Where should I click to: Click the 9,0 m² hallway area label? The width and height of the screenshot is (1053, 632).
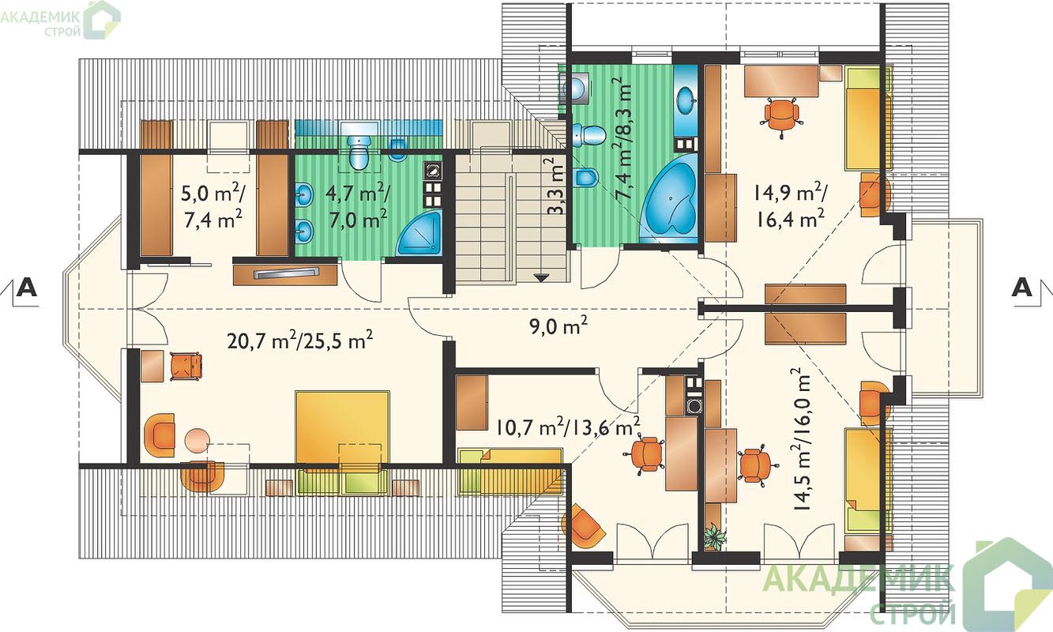pos(559,325)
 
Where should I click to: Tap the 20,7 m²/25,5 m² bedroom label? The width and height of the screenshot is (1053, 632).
pos(300,340)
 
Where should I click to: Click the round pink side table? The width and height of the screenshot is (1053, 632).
pos(197,440)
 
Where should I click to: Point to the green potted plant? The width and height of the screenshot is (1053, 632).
pos(714,537)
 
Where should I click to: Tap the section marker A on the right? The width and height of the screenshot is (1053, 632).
pos(1022,287)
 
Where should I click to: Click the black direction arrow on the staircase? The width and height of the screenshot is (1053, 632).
pos(542,278)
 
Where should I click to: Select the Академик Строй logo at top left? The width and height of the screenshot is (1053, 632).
pos(60,20)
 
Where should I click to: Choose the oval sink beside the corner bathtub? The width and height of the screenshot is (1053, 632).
pos(686,100)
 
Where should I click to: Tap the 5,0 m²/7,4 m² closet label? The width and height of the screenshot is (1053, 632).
pos(213,206)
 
